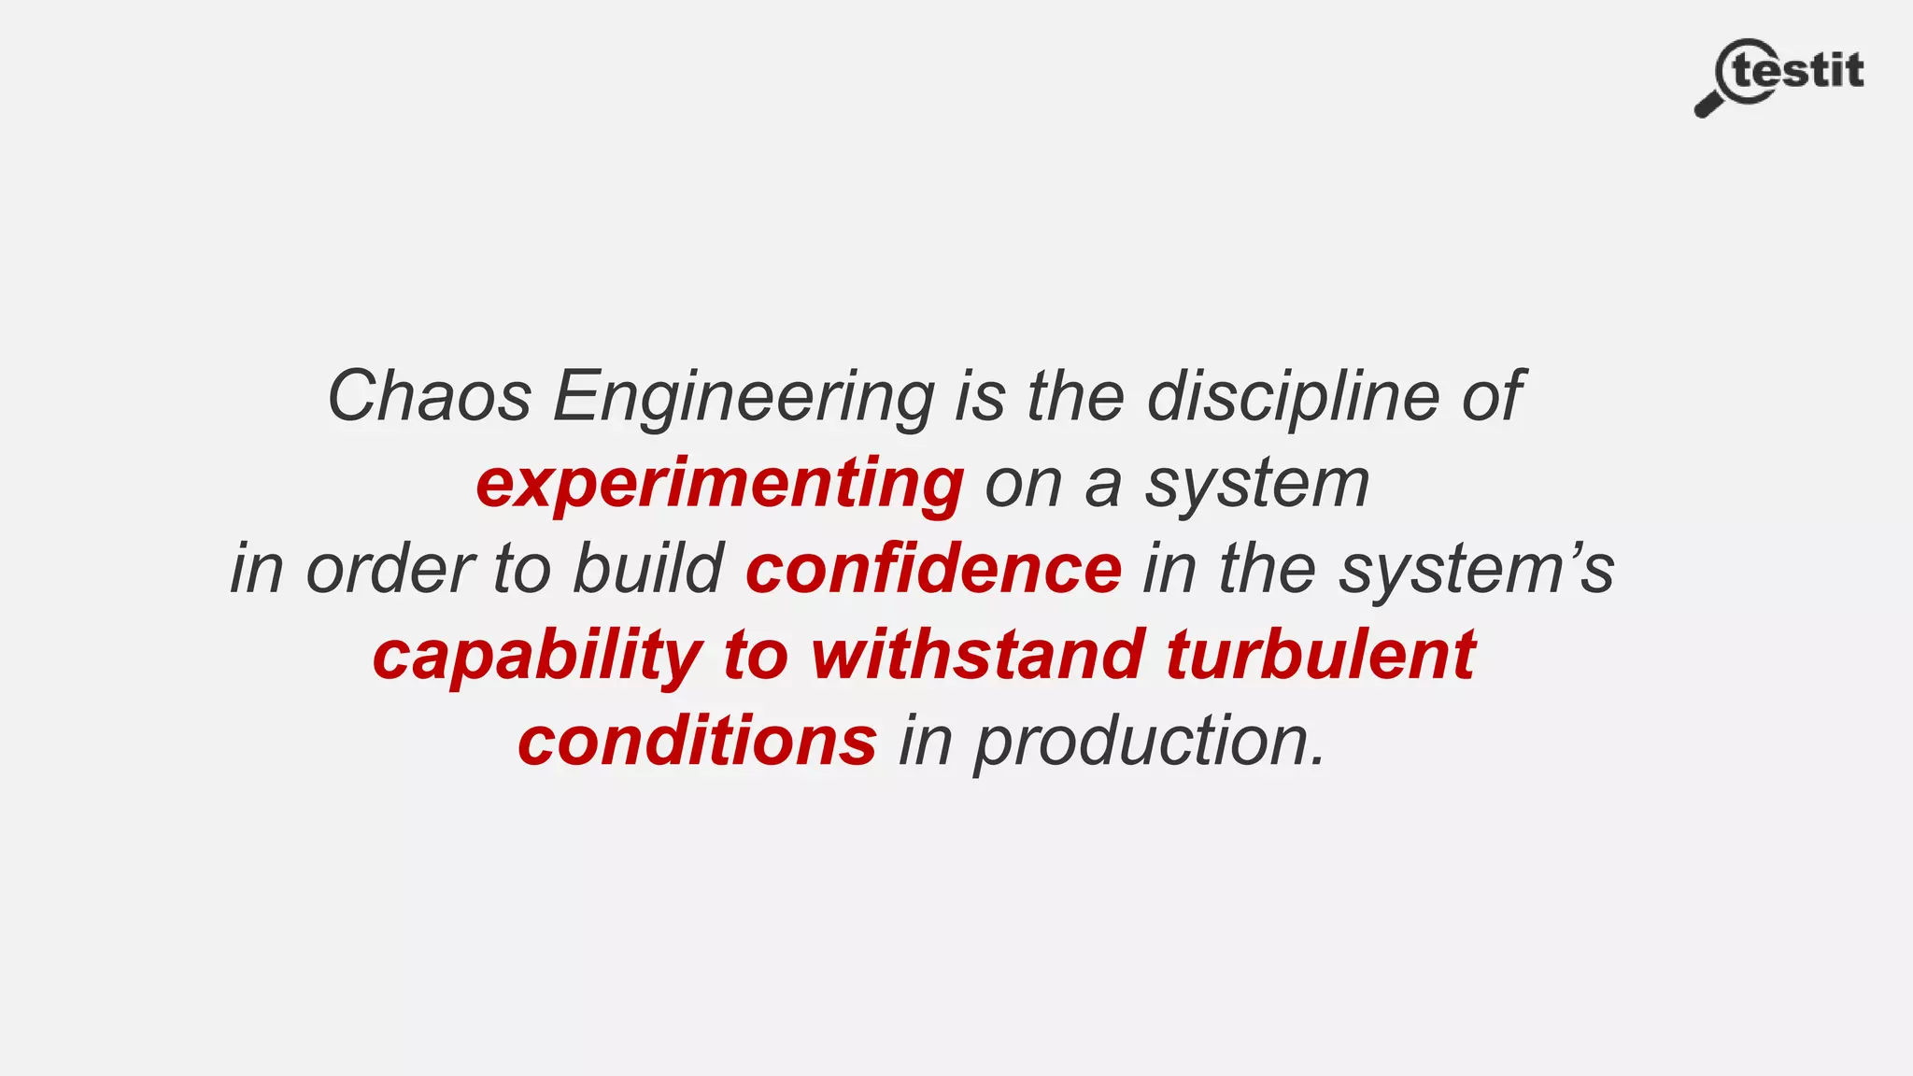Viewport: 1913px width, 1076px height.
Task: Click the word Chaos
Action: click(x=429, y=397)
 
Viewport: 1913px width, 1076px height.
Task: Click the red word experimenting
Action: click(x=719, y=485)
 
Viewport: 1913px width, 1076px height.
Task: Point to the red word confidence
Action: click(x=933, y=570)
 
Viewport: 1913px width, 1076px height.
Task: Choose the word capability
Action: click(x=537, y=657)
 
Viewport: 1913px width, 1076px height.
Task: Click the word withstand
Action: click(x=977, y=655)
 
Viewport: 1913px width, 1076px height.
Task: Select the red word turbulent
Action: click(x=1321, y=655)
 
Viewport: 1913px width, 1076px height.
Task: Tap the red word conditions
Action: click(x=697, y=742)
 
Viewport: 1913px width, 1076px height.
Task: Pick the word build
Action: click(x=647, y=569)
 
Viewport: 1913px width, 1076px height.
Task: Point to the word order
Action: click(x=390, y=570)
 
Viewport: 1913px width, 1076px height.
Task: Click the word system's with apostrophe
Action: click(x=1476, y=570)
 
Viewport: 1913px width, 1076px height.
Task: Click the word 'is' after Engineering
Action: click(x=980, y=397)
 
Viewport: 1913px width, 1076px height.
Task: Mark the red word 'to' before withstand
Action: click(x=756, y=656)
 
